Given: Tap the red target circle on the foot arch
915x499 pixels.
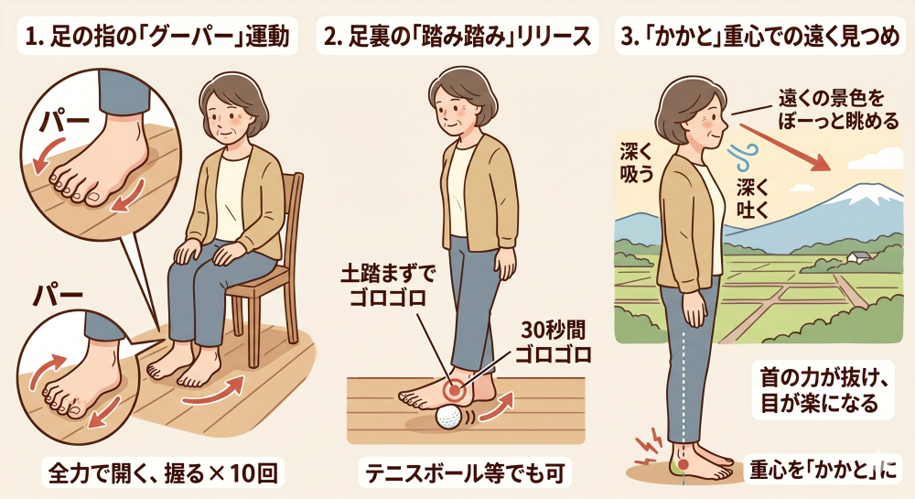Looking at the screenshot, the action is pyautogui.click(x=454, y=389).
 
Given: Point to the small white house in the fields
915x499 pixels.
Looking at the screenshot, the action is pyautogui.click(x=859, y=256).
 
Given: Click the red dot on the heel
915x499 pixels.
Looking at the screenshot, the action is pyautogui.click(x=684, y=466).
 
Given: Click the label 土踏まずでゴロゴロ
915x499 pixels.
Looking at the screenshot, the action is pyautogui.click(x=386, y=286).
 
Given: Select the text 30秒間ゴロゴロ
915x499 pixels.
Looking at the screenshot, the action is pyautogui.click(x=554, y=342).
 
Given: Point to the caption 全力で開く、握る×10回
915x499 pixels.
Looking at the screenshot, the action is pyautogui.click(x=163, y=473).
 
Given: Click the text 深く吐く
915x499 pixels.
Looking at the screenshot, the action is pyautogui.click(x=753, y=200).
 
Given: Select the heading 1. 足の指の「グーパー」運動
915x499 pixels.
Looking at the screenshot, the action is pyautogui.click(x=158, y=37).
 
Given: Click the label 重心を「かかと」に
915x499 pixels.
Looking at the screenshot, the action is pyautogui.click(x=823, y=471).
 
